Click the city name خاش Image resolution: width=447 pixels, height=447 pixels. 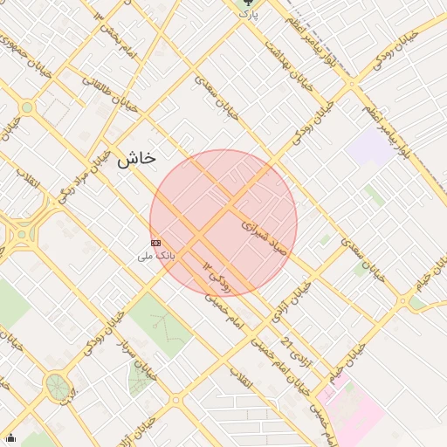click(136, 159)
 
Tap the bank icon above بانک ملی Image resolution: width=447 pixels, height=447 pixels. click(155, 242)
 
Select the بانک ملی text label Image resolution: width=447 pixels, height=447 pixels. click(156, 256)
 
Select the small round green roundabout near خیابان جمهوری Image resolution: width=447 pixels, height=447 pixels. click(27, 107)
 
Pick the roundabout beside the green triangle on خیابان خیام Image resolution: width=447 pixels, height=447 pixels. click(403, 301)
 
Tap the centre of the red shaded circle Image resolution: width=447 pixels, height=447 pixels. click(223, 223)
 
